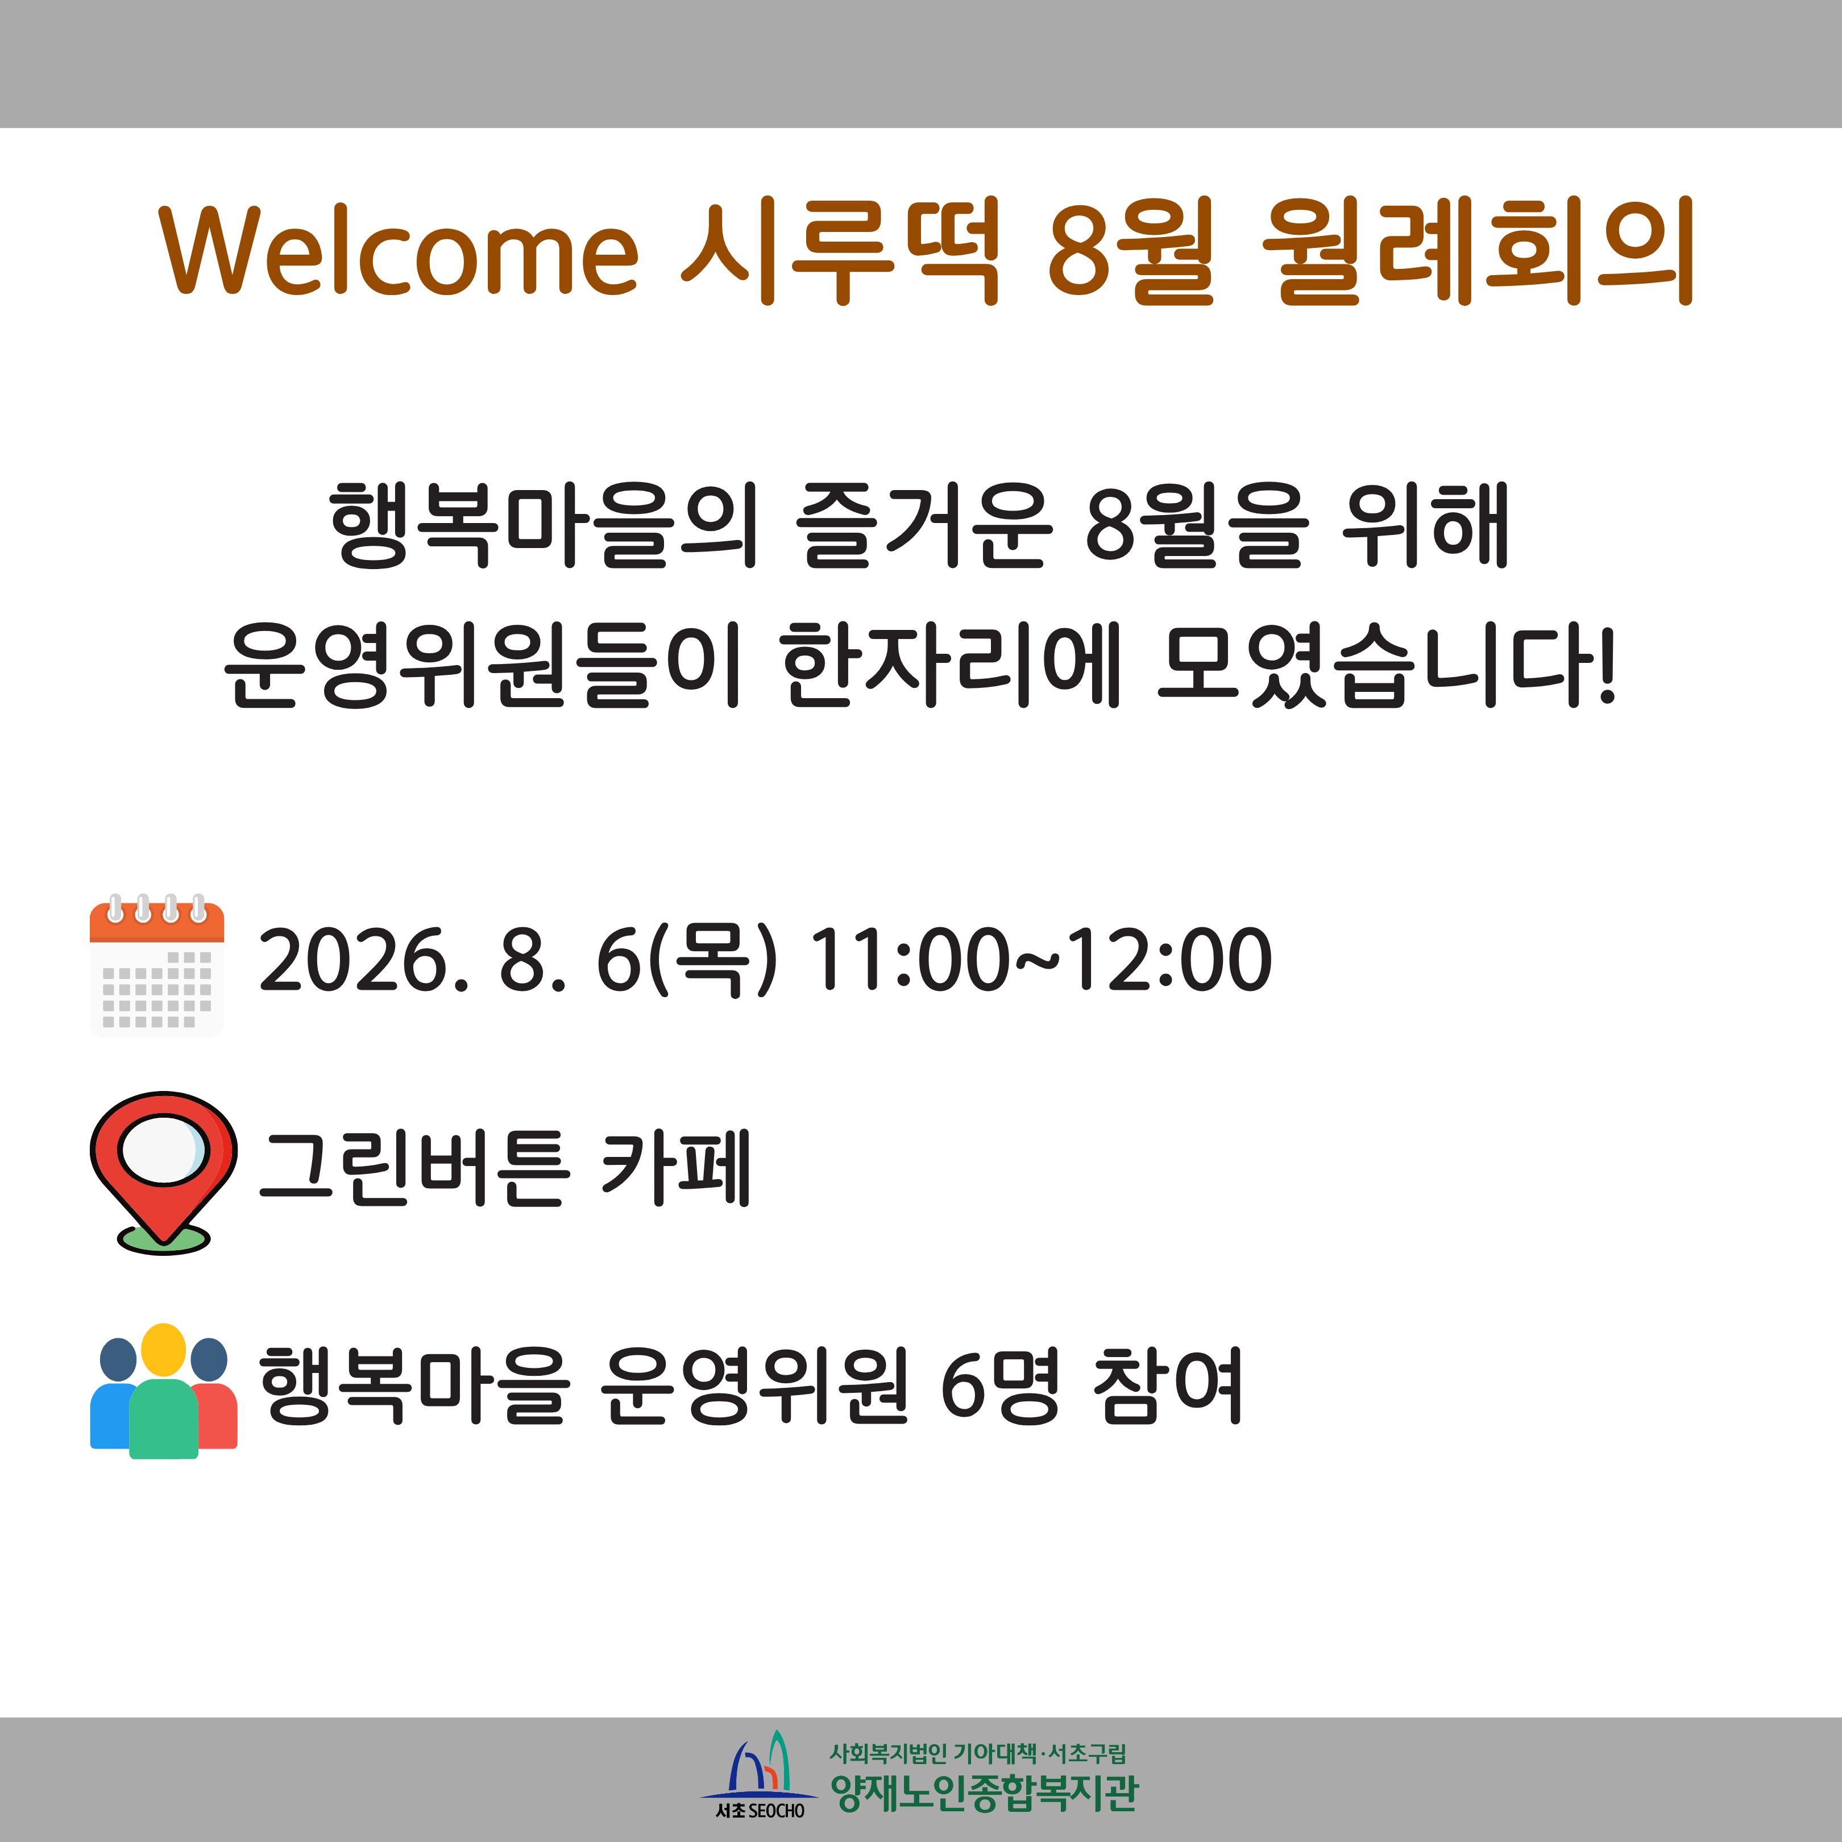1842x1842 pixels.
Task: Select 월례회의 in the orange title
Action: click(x=1478, y=251)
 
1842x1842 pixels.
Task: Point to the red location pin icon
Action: click(x=163, y=1171)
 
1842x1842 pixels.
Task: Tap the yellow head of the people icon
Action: click(x=163, y=1349)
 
